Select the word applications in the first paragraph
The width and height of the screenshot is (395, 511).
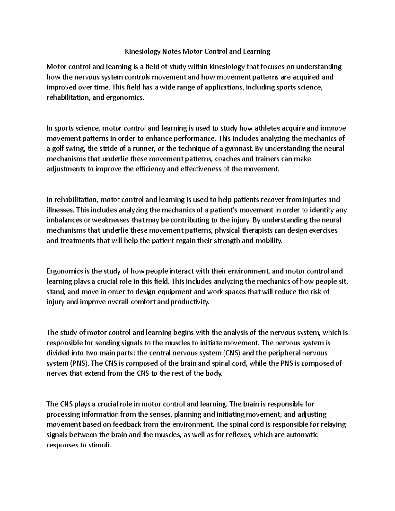pyautogui.click(x=223, y=88)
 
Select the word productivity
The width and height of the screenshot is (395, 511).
pyautogui.click(x=189, y=302)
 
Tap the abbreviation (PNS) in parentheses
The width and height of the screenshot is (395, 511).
pyautogui.click(x=78, y=363)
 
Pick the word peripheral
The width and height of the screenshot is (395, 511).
pyautogui.click(x=285, y=353)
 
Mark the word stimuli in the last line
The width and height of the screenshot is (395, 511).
pyautogui.click(x=101, y=445)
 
